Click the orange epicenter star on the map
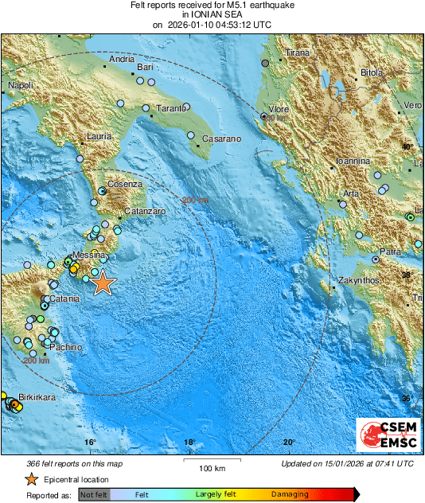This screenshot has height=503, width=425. tap(102, 283)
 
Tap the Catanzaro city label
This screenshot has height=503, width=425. tap(145, 212)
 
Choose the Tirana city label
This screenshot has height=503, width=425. tap(297, 53)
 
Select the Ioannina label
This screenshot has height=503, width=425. tap(353, 161)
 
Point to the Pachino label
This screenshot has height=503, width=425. tap(65, 348)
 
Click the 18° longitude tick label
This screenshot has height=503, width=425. tap(189, 443)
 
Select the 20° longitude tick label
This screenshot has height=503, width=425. tap(288, 443)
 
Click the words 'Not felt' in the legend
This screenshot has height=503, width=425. tap(94, 494)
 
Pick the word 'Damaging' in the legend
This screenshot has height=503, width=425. tap(290, 494)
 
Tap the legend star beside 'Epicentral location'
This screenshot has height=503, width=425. tap(31, 479)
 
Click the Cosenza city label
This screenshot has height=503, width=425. tap(124, 184)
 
